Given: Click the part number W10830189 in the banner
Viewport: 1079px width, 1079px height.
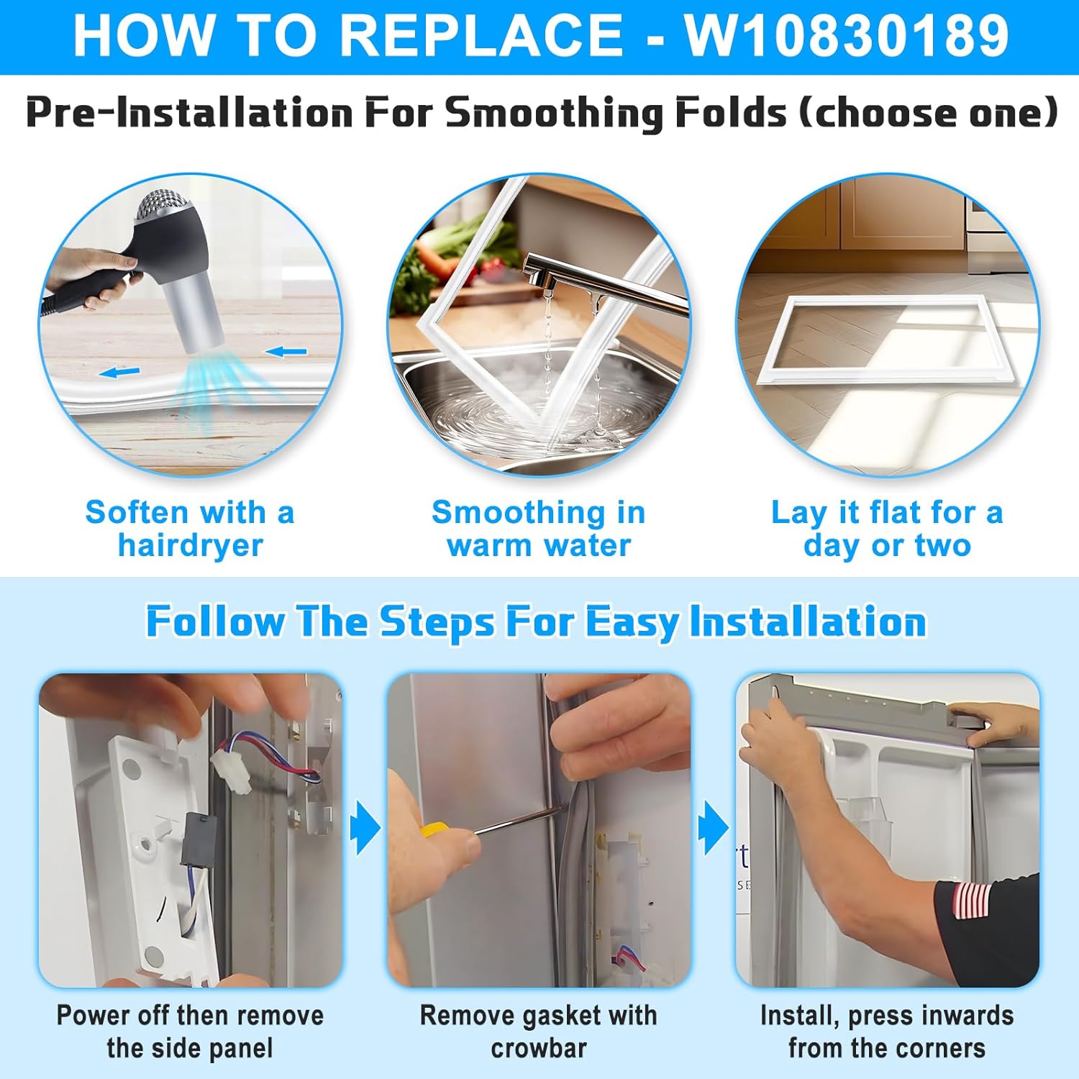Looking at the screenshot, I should [847, 36].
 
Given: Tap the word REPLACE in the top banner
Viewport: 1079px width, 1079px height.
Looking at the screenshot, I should [481, 36].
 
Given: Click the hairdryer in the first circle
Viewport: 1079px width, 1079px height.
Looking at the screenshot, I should [173, 266].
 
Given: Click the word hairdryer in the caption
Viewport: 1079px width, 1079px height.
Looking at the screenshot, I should [191, 545].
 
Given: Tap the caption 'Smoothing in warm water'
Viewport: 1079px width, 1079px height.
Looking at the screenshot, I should [539, 529].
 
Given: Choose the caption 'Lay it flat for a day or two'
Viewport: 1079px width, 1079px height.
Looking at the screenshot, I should [887, 529].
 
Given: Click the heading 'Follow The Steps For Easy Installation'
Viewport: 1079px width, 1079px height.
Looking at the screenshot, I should [536, 622].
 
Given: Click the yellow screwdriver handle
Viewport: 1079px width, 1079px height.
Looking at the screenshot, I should [434, 829].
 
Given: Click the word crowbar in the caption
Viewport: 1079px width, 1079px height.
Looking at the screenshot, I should [539, 1048].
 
